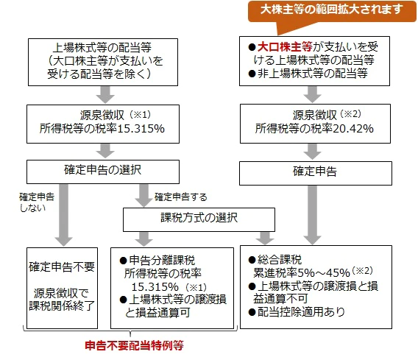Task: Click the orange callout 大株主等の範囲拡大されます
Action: pos(332,10)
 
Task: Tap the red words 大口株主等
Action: pos(285,47)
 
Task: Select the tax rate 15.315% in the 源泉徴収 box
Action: pos(141,129)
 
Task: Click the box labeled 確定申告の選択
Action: pos(103,172)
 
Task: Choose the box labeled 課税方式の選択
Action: pos(199,219)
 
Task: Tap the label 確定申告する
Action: pos(181,197)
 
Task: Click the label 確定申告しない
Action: pos(37,202)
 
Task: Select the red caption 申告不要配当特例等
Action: pos(134,345)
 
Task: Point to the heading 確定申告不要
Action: pos(62,267)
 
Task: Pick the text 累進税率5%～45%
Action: pos(302,272)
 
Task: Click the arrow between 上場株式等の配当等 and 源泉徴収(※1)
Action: pos(105,95)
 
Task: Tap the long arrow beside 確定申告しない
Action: pos(64,215)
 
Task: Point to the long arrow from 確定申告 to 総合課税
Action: pos(312,215)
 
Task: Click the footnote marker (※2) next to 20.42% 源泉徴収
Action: pos(350,114)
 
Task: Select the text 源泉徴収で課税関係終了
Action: pos(62,300)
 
